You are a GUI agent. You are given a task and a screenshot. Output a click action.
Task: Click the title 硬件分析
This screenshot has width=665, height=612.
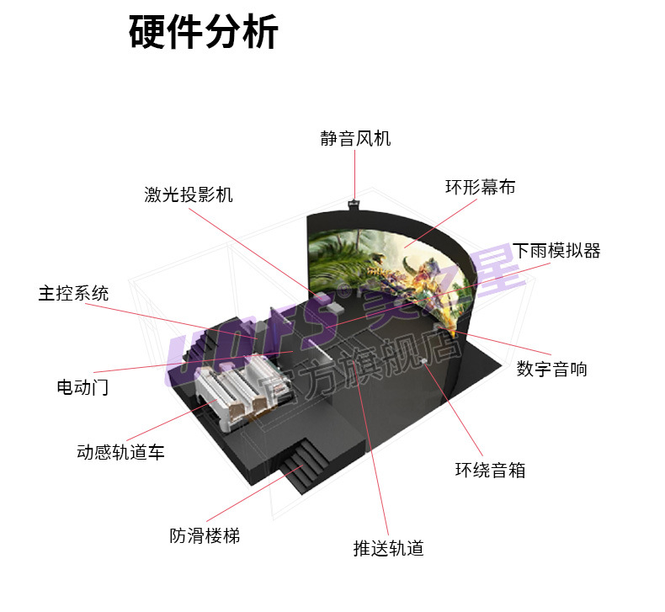[204, 33]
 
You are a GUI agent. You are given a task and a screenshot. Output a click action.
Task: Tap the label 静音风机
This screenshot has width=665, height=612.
[355, 139]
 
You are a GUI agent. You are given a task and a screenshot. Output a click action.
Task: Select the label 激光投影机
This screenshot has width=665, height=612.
[188, 194]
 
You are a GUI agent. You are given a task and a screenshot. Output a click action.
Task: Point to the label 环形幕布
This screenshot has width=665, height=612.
[480, 187]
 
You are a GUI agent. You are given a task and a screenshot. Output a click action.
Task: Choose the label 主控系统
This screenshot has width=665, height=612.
[73, 293]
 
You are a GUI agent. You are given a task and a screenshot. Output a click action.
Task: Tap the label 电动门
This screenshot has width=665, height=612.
[82, 387]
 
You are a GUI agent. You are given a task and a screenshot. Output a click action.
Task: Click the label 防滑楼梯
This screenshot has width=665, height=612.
[205, 535]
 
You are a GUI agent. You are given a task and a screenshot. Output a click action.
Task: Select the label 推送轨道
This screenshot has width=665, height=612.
[388, 548]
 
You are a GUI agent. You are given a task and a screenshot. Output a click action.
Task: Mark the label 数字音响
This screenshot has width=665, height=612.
[552, 369]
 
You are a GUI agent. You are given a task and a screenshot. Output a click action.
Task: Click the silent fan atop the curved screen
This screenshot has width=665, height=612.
[354, 203]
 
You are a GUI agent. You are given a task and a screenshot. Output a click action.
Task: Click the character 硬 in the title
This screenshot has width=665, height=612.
[147, 33]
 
